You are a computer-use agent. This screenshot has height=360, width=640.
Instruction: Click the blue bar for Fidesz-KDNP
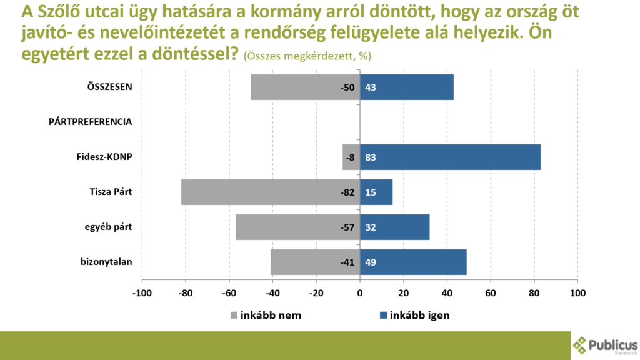[x=450, y=157]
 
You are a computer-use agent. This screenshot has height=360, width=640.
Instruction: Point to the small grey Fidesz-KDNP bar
[x=347, y=157]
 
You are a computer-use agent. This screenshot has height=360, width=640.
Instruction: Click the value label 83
[x=370, y=157]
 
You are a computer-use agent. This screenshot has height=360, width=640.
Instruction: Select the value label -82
[x=347, y=192]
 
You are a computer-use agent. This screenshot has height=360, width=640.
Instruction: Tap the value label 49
[x=370, y=262]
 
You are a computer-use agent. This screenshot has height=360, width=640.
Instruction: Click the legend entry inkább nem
[x=270, y=316]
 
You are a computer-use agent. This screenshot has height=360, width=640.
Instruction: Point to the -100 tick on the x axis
[x=142, y=292]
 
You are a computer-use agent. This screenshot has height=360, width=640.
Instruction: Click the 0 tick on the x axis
[x=360, y=292]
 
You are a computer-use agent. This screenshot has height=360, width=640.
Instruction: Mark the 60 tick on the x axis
[x=491, y=292]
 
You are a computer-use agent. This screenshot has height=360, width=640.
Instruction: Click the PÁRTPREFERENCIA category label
[x=90, y=122]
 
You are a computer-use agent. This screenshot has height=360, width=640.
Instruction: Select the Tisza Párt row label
[x=111, y=192]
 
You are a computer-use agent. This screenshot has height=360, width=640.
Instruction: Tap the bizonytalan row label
[x=107, y=262]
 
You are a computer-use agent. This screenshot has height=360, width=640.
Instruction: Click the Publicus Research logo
[x=604, y=346]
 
